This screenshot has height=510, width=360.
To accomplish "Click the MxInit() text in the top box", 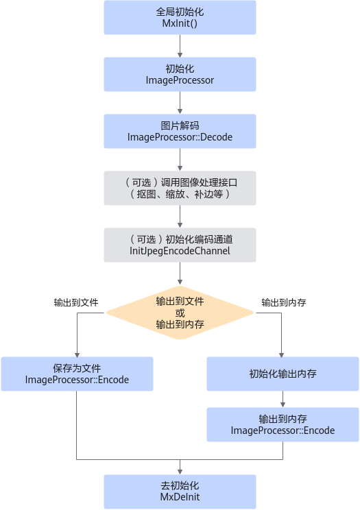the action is [180, 23].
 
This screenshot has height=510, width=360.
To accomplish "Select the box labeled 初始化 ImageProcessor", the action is [180, 75].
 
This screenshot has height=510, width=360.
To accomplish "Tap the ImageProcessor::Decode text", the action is [180, 137].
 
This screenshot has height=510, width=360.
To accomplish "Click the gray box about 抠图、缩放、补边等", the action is [180, 188].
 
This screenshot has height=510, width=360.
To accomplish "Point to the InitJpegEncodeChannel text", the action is [180, 251].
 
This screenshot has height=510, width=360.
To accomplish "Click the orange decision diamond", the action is [180, 313].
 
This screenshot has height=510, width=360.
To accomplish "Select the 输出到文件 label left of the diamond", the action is [76, 302].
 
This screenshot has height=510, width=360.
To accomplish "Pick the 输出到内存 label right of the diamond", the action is [284, 302].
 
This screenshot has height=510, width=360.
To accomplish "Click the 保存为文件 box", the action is [77, 374].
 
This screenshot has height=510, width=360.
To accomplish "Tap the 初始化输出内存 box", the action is [283, 374].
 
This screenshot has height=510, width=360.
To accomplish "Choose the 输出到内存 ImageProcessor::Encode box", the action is [283, 424].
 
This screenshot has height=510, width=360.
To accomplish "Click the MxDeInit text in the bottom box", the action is [180, 497].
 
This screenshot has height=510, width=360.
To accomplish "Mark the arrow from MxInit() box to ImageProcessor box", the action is [180, 46].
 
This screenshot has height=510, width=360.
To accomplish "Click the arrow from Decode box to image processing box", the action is [180, 160].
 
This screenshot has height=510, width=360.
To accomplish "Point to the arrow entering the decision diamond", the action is [180, 274].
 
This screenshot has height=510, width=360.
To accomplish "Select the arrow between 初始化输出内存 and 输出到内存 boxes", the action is [283, 399].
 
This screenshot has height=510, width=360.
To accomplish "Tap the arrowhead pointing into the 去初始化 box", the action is [180, 472].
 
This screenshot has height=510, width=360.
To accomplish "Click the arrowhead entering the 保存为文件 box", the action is [77, 354].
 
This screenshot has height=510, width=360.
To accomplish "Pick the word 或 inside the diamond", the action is [180, 313].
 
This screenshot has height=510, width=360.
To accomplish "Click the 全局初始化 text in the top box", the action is [180, 12].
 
